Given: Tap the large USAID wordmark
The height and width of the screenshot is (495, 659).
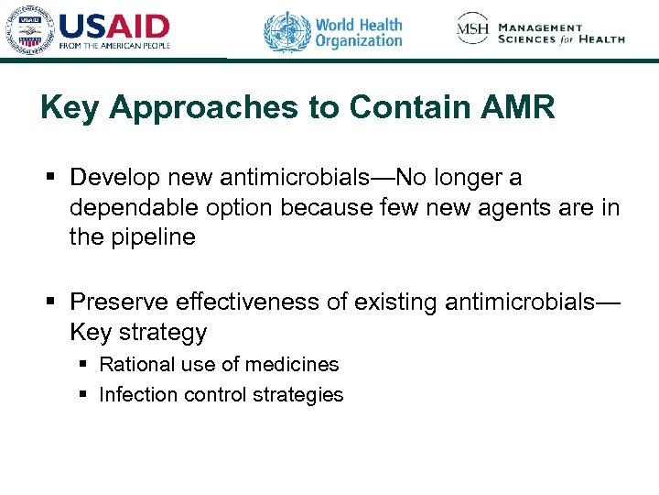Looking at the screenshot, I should coord(113,25).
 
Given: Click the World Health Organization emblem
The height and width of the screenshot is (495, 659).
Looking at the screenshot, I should coord(287,31).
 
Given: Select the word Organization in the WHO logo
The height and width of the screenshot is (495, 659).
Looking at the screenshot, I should coord(359,41).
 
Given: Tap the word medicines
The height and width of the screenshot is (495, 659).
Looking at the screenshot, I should coord(293,365).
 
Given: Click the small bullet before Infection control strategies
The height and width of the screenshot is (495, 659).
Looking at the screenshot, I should coord(82,395).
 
